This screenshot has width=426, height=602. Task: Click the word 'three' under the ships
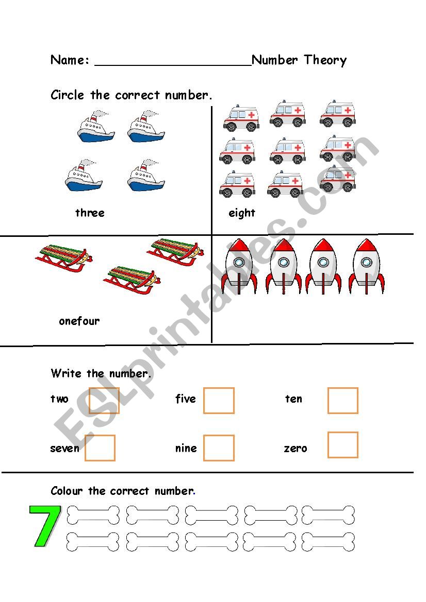[90, 213]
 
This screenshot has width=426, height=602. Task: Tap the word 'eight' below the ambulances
[242, 213]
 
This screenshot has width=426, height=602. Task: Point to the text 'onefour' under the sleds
[79, 321]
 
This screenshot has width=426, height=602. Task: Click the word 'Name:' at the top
[70, 60]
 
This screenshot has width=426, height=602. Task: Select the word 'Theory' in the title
[325, 60]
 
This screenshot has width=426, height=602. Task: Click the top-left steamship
[96, 126]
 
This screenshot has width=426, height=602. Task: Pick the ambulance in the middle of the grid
[288, 151]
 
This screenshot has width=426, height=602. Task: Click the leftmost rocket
[239, 266]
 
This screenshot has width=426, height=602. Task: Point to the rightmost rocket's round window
[366, 263]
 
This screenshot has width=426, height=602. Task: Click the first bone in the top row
[93, 515]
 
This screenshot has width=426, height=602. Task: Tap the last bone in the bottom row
[328, 542]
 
